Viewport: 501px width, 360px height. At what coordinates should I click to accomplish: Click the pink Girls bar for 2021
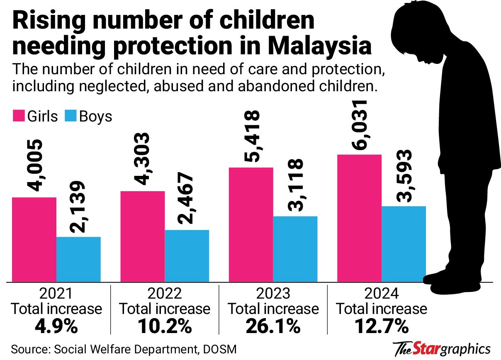coord(34,240)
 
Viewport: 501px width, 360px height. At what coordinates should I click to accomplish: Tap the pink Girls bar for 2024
coord(359,218)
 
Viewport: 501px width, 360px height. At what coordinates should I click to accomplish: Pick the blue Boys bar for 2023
coord(295,249)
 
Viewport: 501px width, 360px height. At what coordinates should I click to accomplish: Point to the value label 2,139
coord(78,207)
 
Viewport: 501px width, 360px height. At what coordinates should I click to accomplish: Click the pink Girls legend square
coord(18,116)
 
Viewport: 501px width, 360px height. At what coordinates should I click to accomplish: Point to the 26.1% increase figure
coord(273,326)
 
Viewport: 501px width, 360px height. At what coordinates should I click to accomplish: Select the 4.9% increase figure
coord(56,326)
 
